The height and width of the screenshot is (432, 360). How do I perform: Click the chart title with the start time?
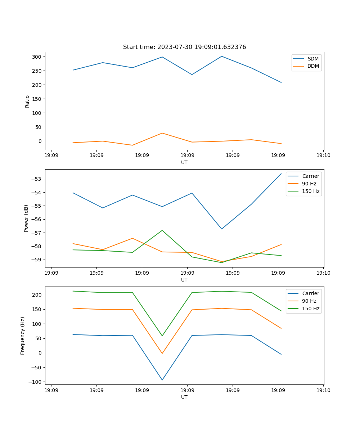pos(184,47)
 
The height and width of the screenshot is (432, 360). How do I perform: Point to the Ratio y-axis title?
pos(27,101)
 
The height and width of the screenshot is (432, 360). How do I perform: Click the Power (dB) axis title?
pos(26,218)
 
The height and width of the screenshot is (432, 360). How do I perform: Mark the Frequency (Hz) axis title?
pos(23,336)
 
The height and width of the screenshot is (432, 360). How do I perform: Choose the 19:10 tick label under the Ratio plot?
pos(323,156)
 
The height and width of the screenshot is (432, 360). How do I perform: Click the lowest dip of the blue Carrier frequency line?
pos(162,380)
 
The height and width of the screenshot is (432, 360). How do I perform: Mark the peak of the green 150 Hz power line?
pos(162,230)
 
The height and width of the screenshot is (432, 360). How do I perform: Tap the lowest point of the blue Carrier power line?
pos(222,229)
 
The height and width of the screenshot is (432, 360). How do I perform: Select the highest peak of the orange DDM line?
pos(162,133)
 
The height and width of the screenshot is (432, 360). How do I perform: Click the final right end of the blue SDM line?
pos(281,82)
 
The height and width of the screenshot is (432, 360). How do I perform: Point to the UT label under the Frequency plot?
pos(184,397)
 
